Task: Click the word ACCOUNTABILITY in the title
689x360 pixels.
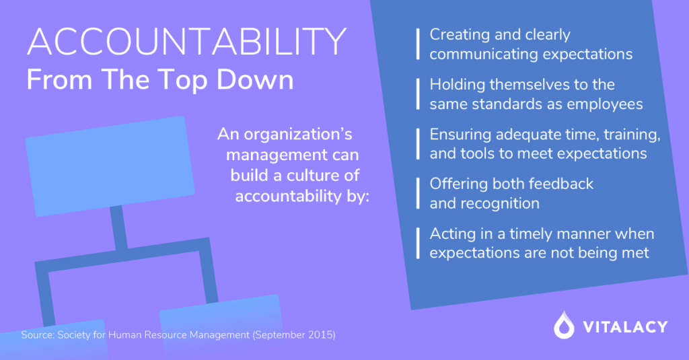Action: pyautogui.click(x=187, y=41)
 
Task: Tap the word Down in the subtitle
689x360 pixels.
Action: pyautogui.click(x=255, y=80)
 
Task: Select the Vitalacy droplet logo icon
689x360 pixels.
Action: pyautogui.click(x=564, y=325)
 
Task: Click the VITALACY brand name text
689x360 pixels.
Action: pyautogui.click(x=625, y=326)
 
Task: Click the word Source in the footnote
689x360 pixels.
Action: pyautogui.click(x=37, y=335)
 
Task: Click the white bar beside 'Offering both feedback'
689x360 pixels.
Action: pyautogui.click(x=418, y=193)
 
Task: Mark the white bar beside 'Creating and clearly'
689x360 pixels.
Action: pyautogui.click(x=418, y=44)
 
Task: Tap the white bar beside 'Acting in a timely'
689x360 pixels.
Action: pyautogui.click(x=418, y=243)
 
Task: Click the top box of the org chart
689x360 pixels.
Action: pyautogui.click(x=110, y=166)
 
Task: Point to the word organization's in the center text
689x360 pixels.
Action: pyautogui.click(x=298, y=135)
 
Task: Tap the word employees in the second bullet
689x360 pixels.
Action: pyautogui.click(x=605, y=104)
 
